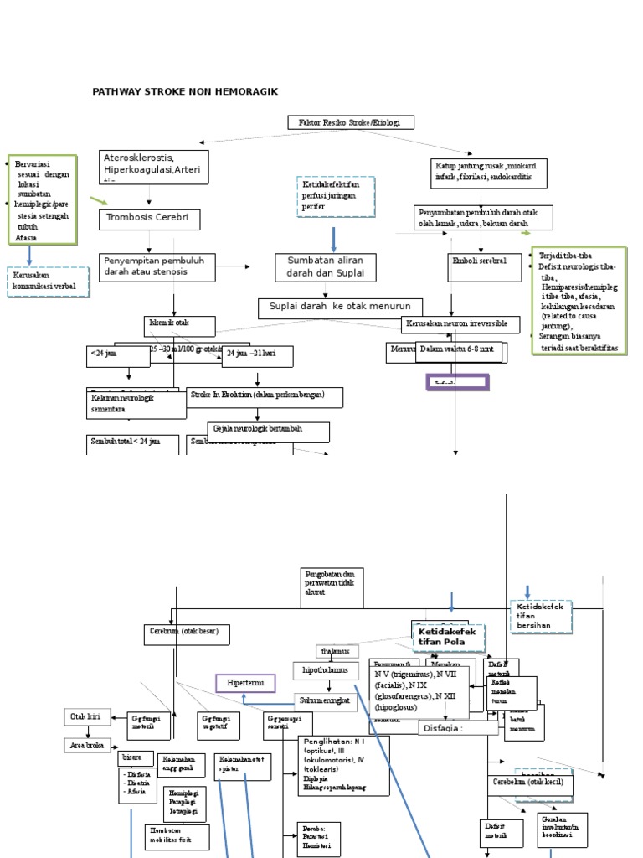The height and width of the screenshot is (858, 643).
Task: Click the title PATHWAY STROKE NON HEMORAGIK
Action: click(x=185, y=91)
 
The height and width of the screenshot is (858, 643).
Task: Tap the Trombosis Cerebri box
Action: click(x=151, y=220)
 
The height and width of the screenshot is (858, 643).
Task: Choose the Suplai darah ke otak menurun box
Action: click(x=340, y=307)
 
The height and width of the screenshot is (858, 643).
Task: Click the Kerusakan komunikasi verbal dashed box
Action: click(x=48, y=282)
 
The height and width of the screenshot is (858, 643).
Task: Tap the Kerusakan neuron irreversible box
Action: click(x=460, y=323)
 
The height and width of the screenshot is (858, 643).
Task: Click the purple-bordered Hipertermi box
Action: click(x=245, y=683)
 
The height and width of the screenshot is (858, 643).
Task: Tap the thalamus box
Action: click(x=337, y=651)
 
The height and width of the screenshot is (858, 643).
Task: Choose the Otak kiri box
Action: click(x=87, y=716)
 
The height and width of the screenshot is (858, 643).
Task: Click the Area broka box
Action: click(x=87, y=744)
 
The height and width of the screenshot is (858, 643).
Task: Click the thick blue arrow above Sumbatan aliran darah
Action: click(x=333, y=238)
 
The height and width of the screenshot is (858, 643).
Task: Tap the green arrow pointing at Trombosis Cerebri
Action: click(x=99, y=201)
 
